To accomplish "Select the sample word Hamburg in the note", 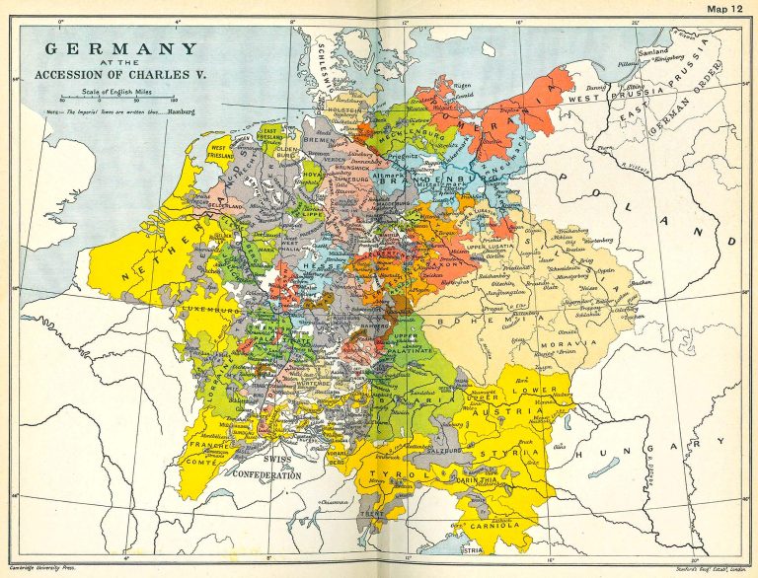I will (x=182, y=112).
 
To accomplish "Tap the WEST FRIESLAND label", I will (x=219, y=155).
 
